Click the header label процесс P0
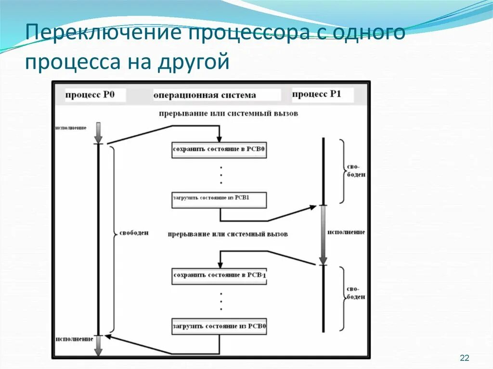click(x=90, y=95)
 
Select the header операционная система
click(x=205, y=95)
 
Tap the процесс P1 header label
click(x=317, y=94)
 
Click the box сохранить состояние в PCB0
click(x=219, y=150)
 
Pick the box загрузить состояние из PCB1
click(x=219, y=199)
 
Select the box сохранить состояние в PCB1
click(x=219, y=276)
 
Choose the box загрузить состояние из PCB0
click(x=219, y=326)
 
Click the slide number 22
click(x=465, y=357)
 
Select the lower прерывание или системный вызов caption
click(x=228, y=234)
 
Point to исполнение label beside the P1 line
click(x=346, y=232)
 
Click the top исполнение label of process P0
click(x=71, y=127)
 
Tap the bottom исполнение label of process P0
click(x=74, y=339)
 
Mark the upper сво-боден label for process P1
click(x=356, y=171)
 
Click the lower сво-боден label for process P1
click(x=356, y=293)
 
